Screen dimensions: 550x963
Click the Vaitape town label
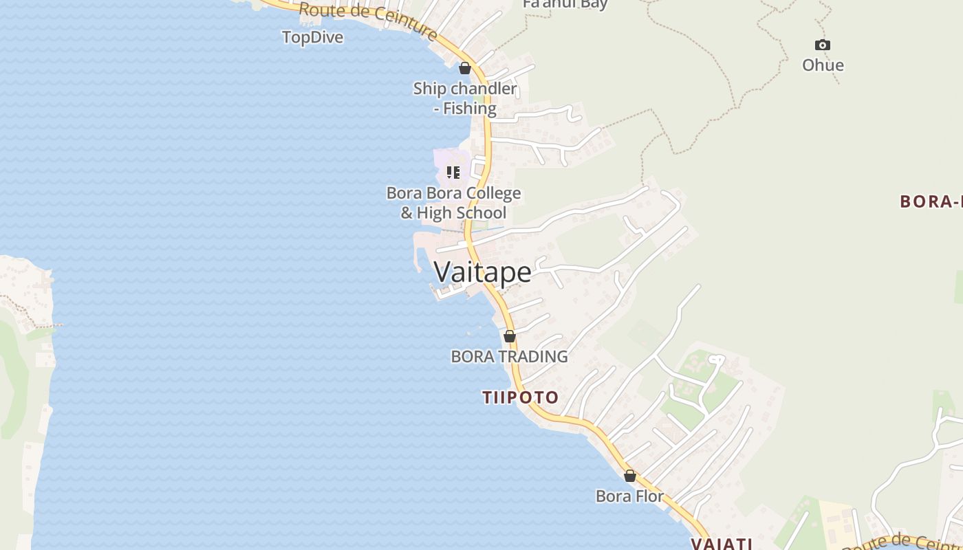click(x=483, y=272)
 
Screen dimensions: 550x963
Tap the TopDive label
click(x=312, y=37)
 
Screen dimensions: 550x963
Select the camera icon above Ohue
click(x=822, y=45)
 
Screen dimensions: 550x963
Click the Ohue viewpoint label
click(x=823, y=65)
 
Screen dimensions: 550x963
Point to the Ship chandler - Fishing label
click(x=465, y=98)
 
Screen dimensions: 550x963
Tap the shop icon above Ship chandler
click(x=465, y=68)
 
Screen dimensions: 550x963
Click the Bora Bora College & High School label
click(x=453, y=203)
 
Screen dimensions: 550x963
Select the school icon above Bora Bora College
click(x=453, y=172)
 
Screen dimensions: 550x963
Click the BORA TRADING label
click(x=509, y=356)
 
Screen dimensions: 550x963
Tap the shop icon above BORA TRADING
click(x=510, y=336)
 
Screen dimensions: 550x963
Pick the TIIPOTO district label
click(x=520, y=397)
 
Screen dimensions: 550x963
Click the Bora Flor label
click(x=629, y=496)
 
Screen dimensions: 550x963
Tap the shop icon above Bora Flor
click(x=629, y=476)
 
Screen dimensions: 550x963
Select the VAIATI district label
click(x=721, y=543)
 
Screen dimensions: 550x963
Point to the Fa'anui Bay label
click(x=565, y=4)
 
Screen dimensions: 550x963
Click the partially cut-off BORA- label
click(x=931, y=201)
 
